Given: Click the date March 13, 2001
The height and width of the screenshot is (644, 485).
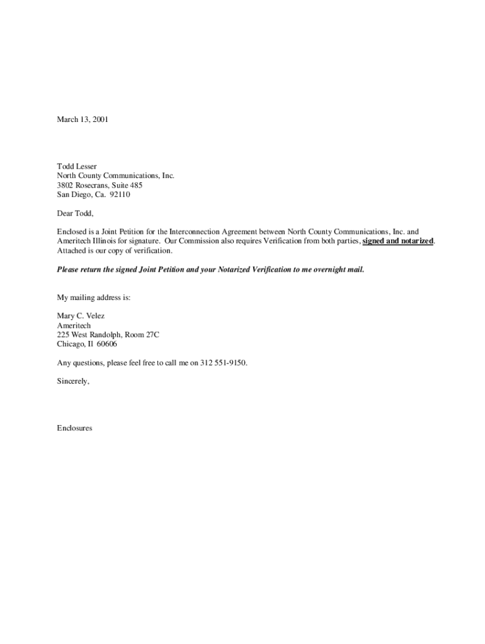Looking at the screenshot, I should coord(82,119).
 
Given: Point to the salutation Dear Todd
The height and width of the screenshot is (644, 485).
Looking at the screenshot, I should coord(75,214).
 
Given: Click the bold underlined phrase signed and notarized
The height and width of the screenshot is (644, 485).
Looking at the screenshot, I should coord(398,241).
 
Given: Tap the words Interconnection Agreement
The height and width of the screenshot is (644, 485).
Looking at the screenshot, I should coord(204,232).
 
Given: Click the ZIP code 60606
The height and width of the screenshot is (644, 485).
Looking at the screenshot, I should coord(106,345).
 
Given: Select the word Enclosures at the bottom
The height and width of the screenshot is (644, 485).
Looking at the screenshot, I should coord(74,428).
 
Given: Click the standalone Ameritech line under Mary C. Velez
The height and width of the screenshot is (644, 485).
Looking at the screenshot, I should coord(74,326).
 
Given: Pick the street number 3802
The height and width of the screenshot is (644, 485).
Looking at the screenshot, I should coord(66,186).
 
